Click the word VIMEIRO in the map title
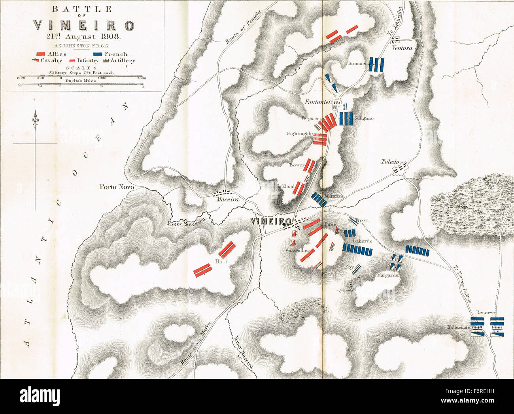83,26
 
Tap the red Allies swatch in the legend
40,54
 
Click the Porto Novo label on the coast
117,186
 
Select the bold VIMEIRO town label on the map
271,221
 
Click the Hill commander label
220,261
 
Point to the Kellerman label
459,327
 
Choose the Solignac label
364,118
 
